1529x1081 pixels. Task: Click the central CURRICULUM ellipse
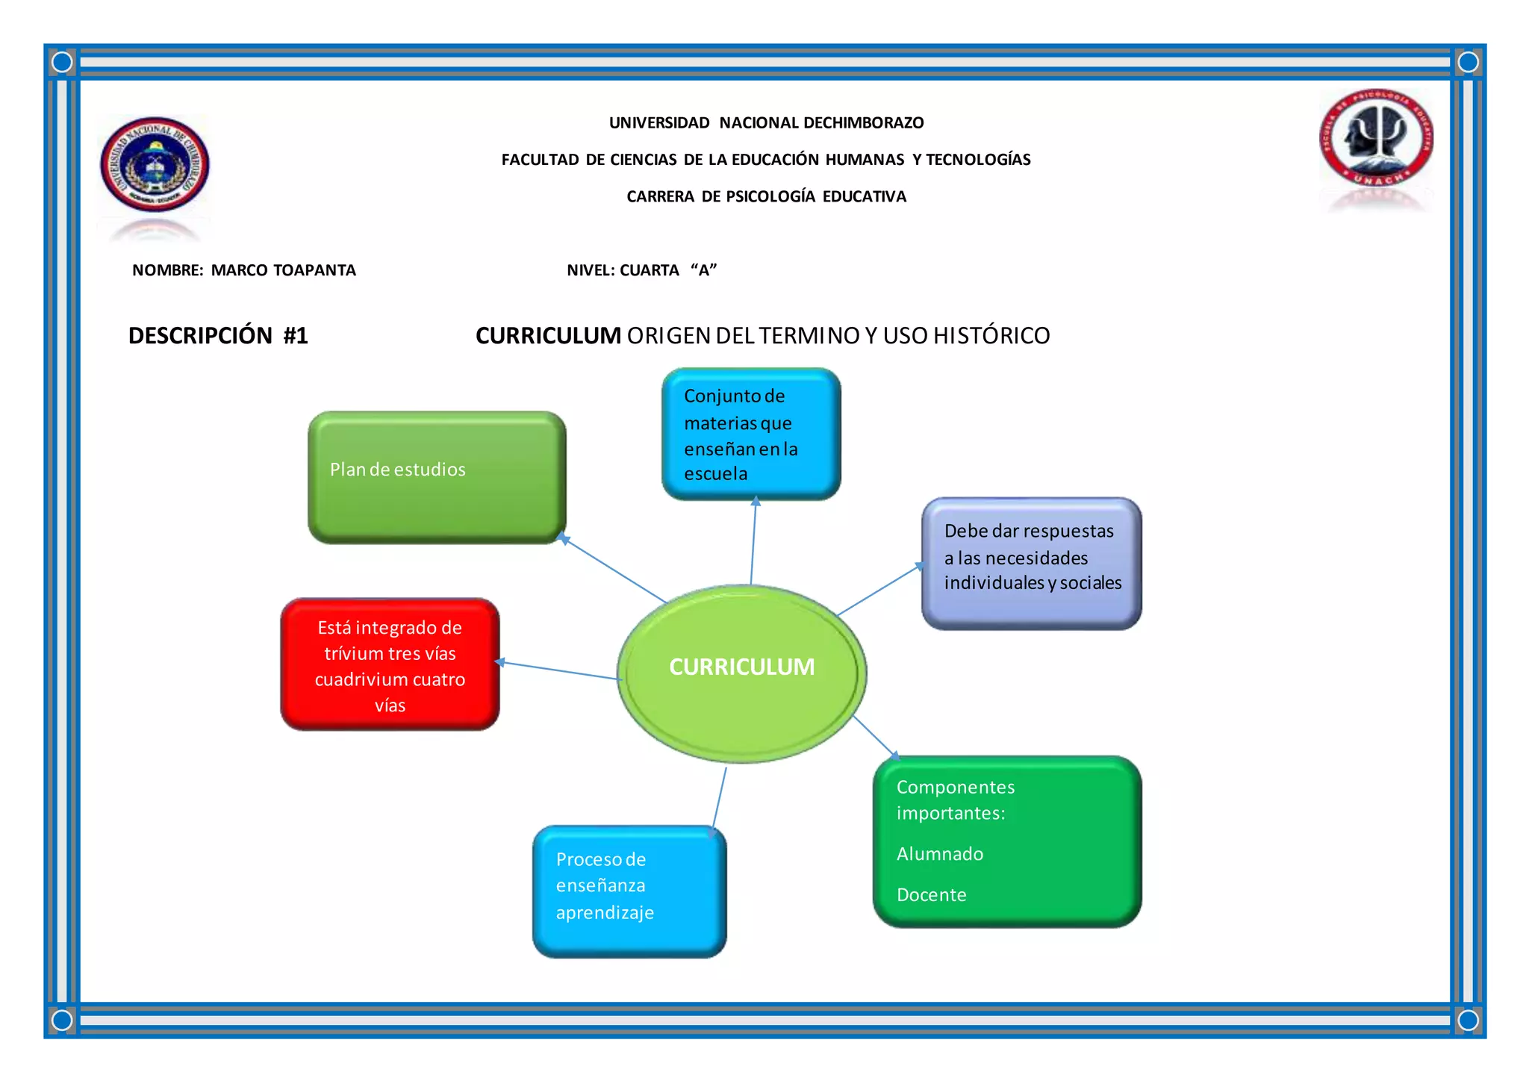tap(741, 673)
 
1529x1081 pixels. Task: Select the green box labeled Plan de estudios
tap(437, 477)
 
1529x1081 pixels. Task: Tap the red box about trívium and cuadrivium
tap(390, 664)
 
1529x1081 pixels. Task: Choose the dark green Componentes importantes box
tap(1006, 841)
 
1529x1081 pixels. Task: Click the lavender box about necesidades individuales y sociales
tap(1031, 563)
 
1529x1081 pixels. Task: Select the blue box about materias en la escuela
tap(751, 434)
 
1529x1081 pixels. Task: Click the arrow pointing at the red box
tap(556, 670)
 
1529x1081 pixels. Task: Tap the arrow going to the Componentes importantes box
tap(876, 737)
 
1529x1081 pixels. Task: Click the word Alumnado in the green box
tap(939, 853)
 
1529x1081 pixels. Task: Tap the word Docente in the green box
tap(931, 894)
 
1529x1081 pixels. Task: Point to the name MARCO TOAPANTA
tap(283, 270)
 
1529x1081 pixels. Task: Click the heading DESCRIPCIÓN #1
tap(218, 336)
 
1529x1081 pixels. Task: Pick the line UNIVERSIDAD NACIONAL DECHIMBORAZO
tap(766, 122)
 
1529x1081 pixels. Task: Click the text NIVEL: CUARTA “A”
tap(641, 270)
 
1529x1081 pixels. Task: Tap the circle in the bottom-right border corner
tap(1468, 1020)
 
